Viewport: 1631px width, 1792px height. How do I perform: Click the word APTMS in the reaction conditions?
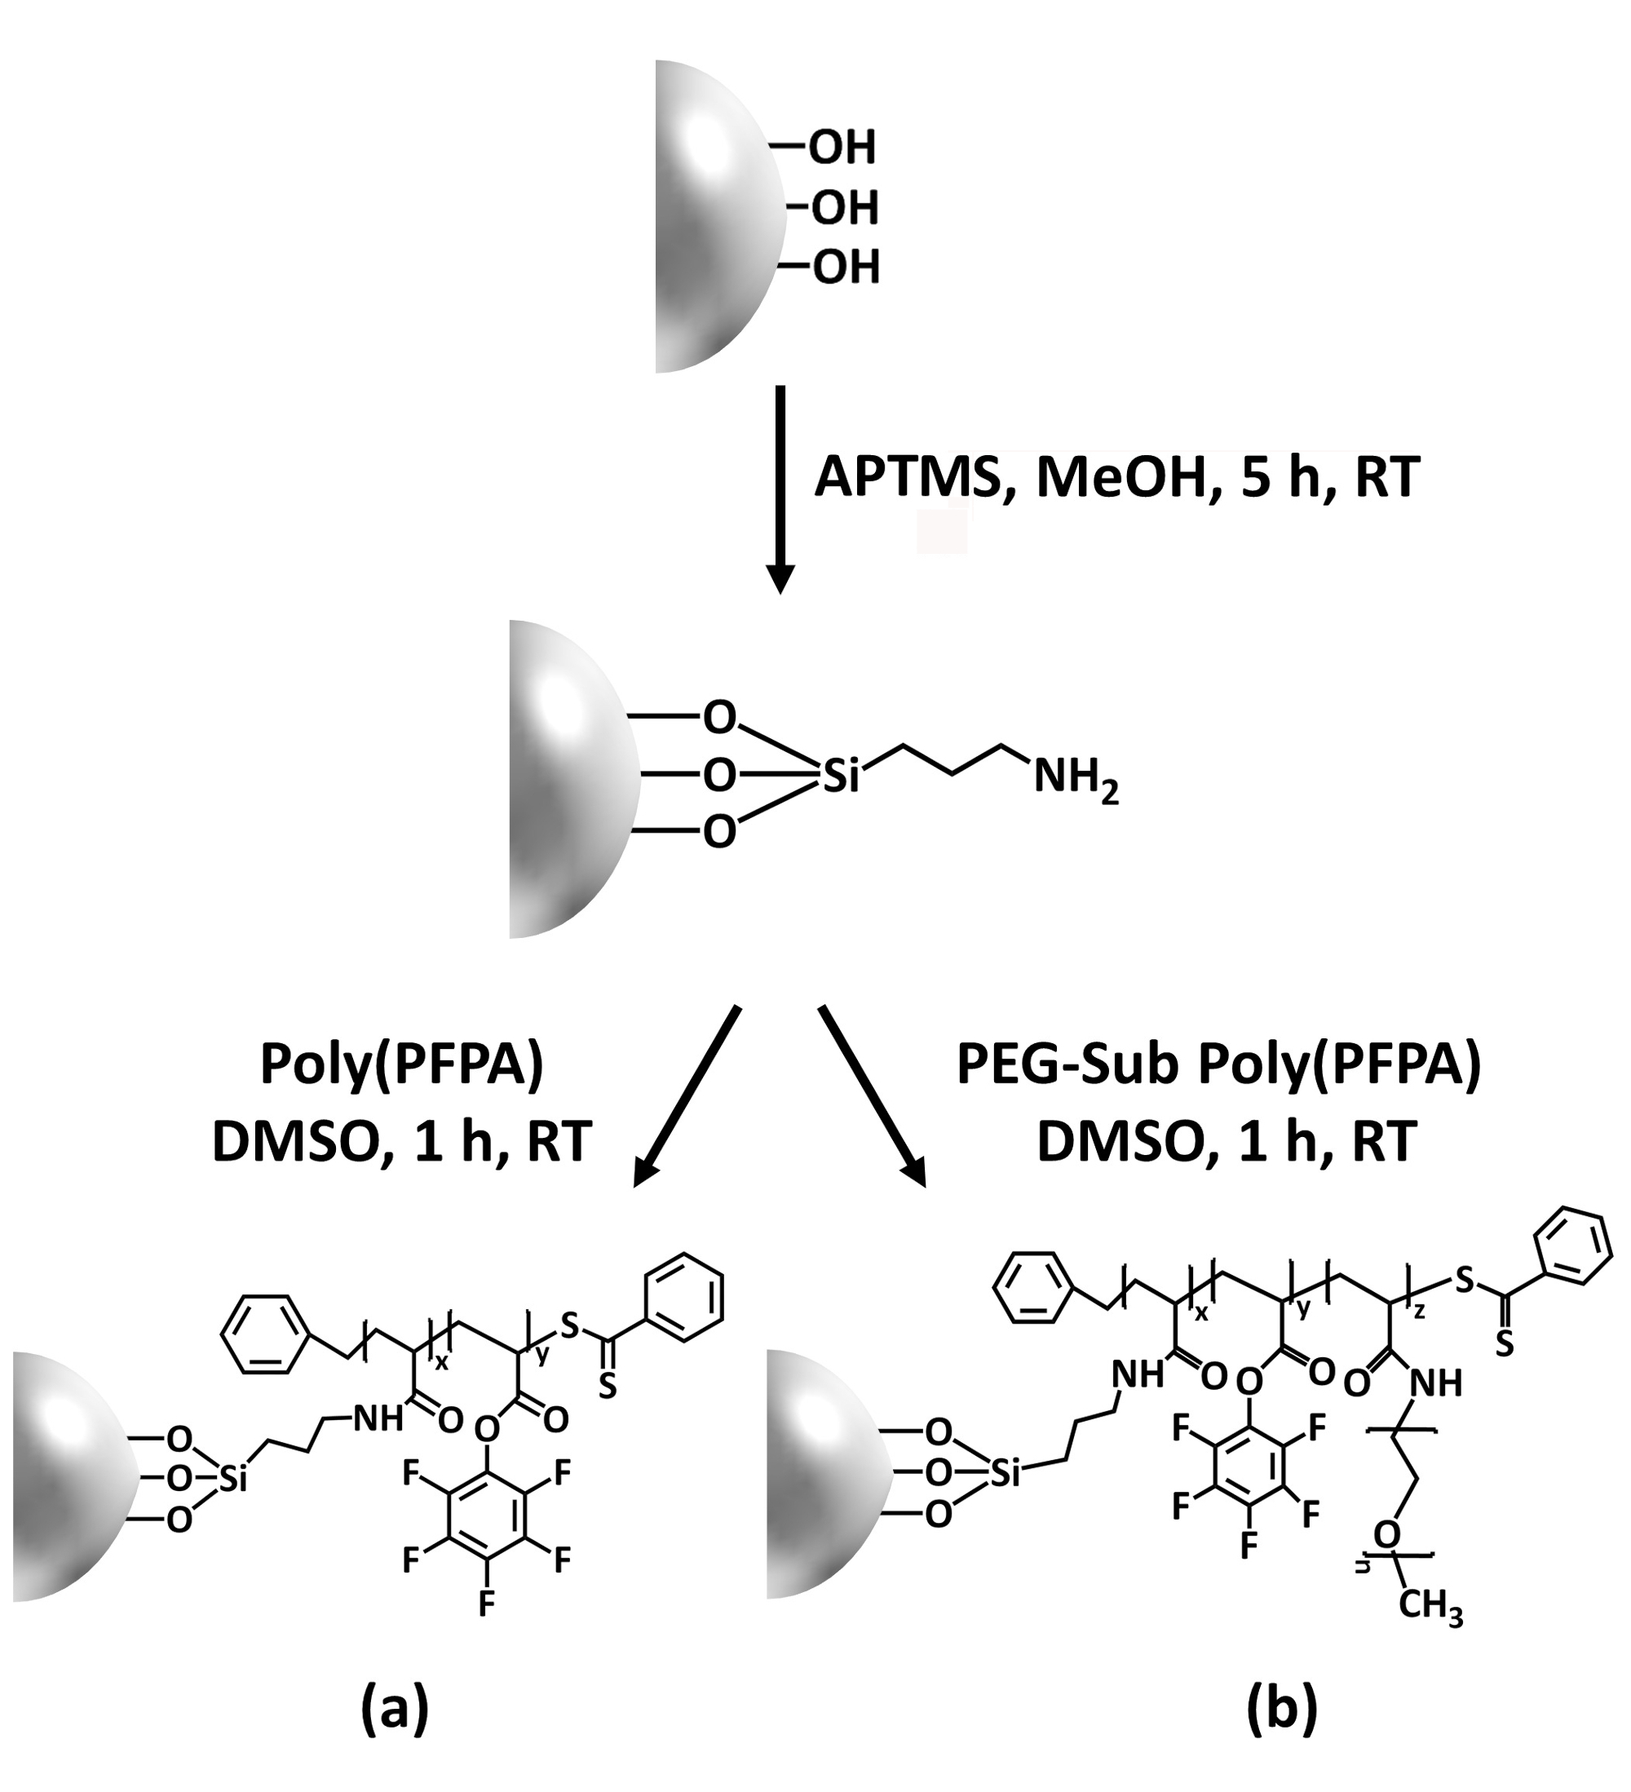pos(908,477)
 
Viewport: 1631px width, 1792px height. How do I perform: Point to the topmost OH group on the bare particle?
pos(841,148)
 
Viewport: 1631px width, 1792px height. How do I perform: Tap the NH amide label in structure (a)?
pos(378,1419)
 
